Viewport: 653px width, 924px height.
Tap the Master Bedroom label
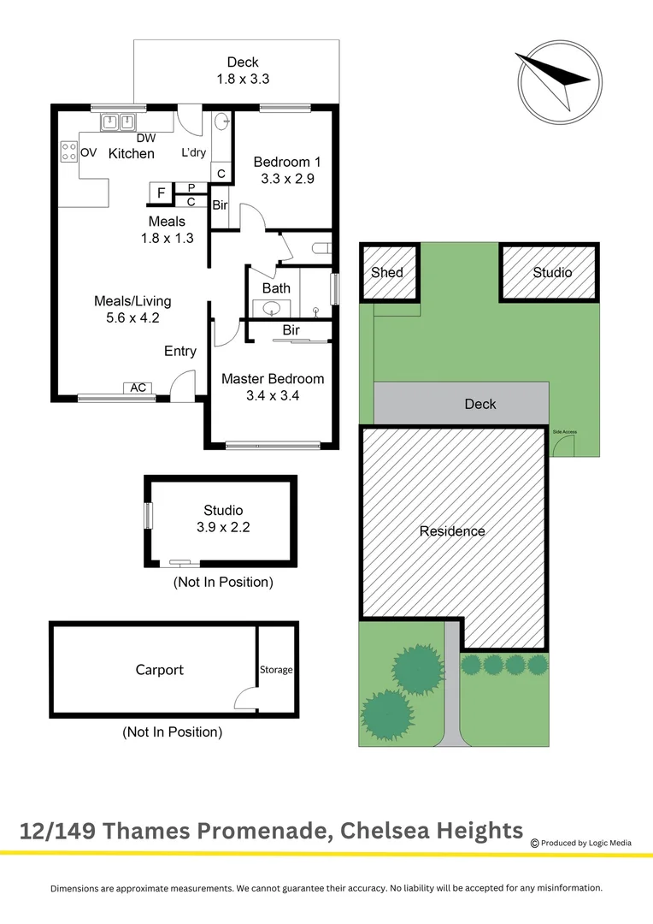273,378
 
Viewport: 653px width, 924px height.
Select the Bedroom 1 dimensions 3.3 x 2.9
287,179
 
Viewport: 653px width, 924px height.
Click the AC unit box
138,388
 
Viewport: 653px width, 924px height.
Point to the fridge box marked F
161,193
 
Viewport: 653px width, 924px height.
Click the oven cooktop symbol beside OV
68,152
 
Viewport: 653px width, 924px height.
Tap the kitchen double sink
119,122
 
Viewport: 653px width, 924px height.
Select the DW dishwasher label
145,138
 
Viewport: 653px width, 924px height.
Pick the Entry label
180,351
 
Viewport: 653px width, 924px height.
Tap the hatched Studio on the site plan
551,273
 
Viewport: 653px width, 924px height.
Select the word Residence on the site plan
452,531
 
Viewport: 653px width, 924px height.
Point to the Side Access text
565,432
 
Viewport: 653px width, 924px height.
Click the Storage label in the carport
276,670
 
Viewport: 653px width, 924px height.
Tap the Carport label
159,670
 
